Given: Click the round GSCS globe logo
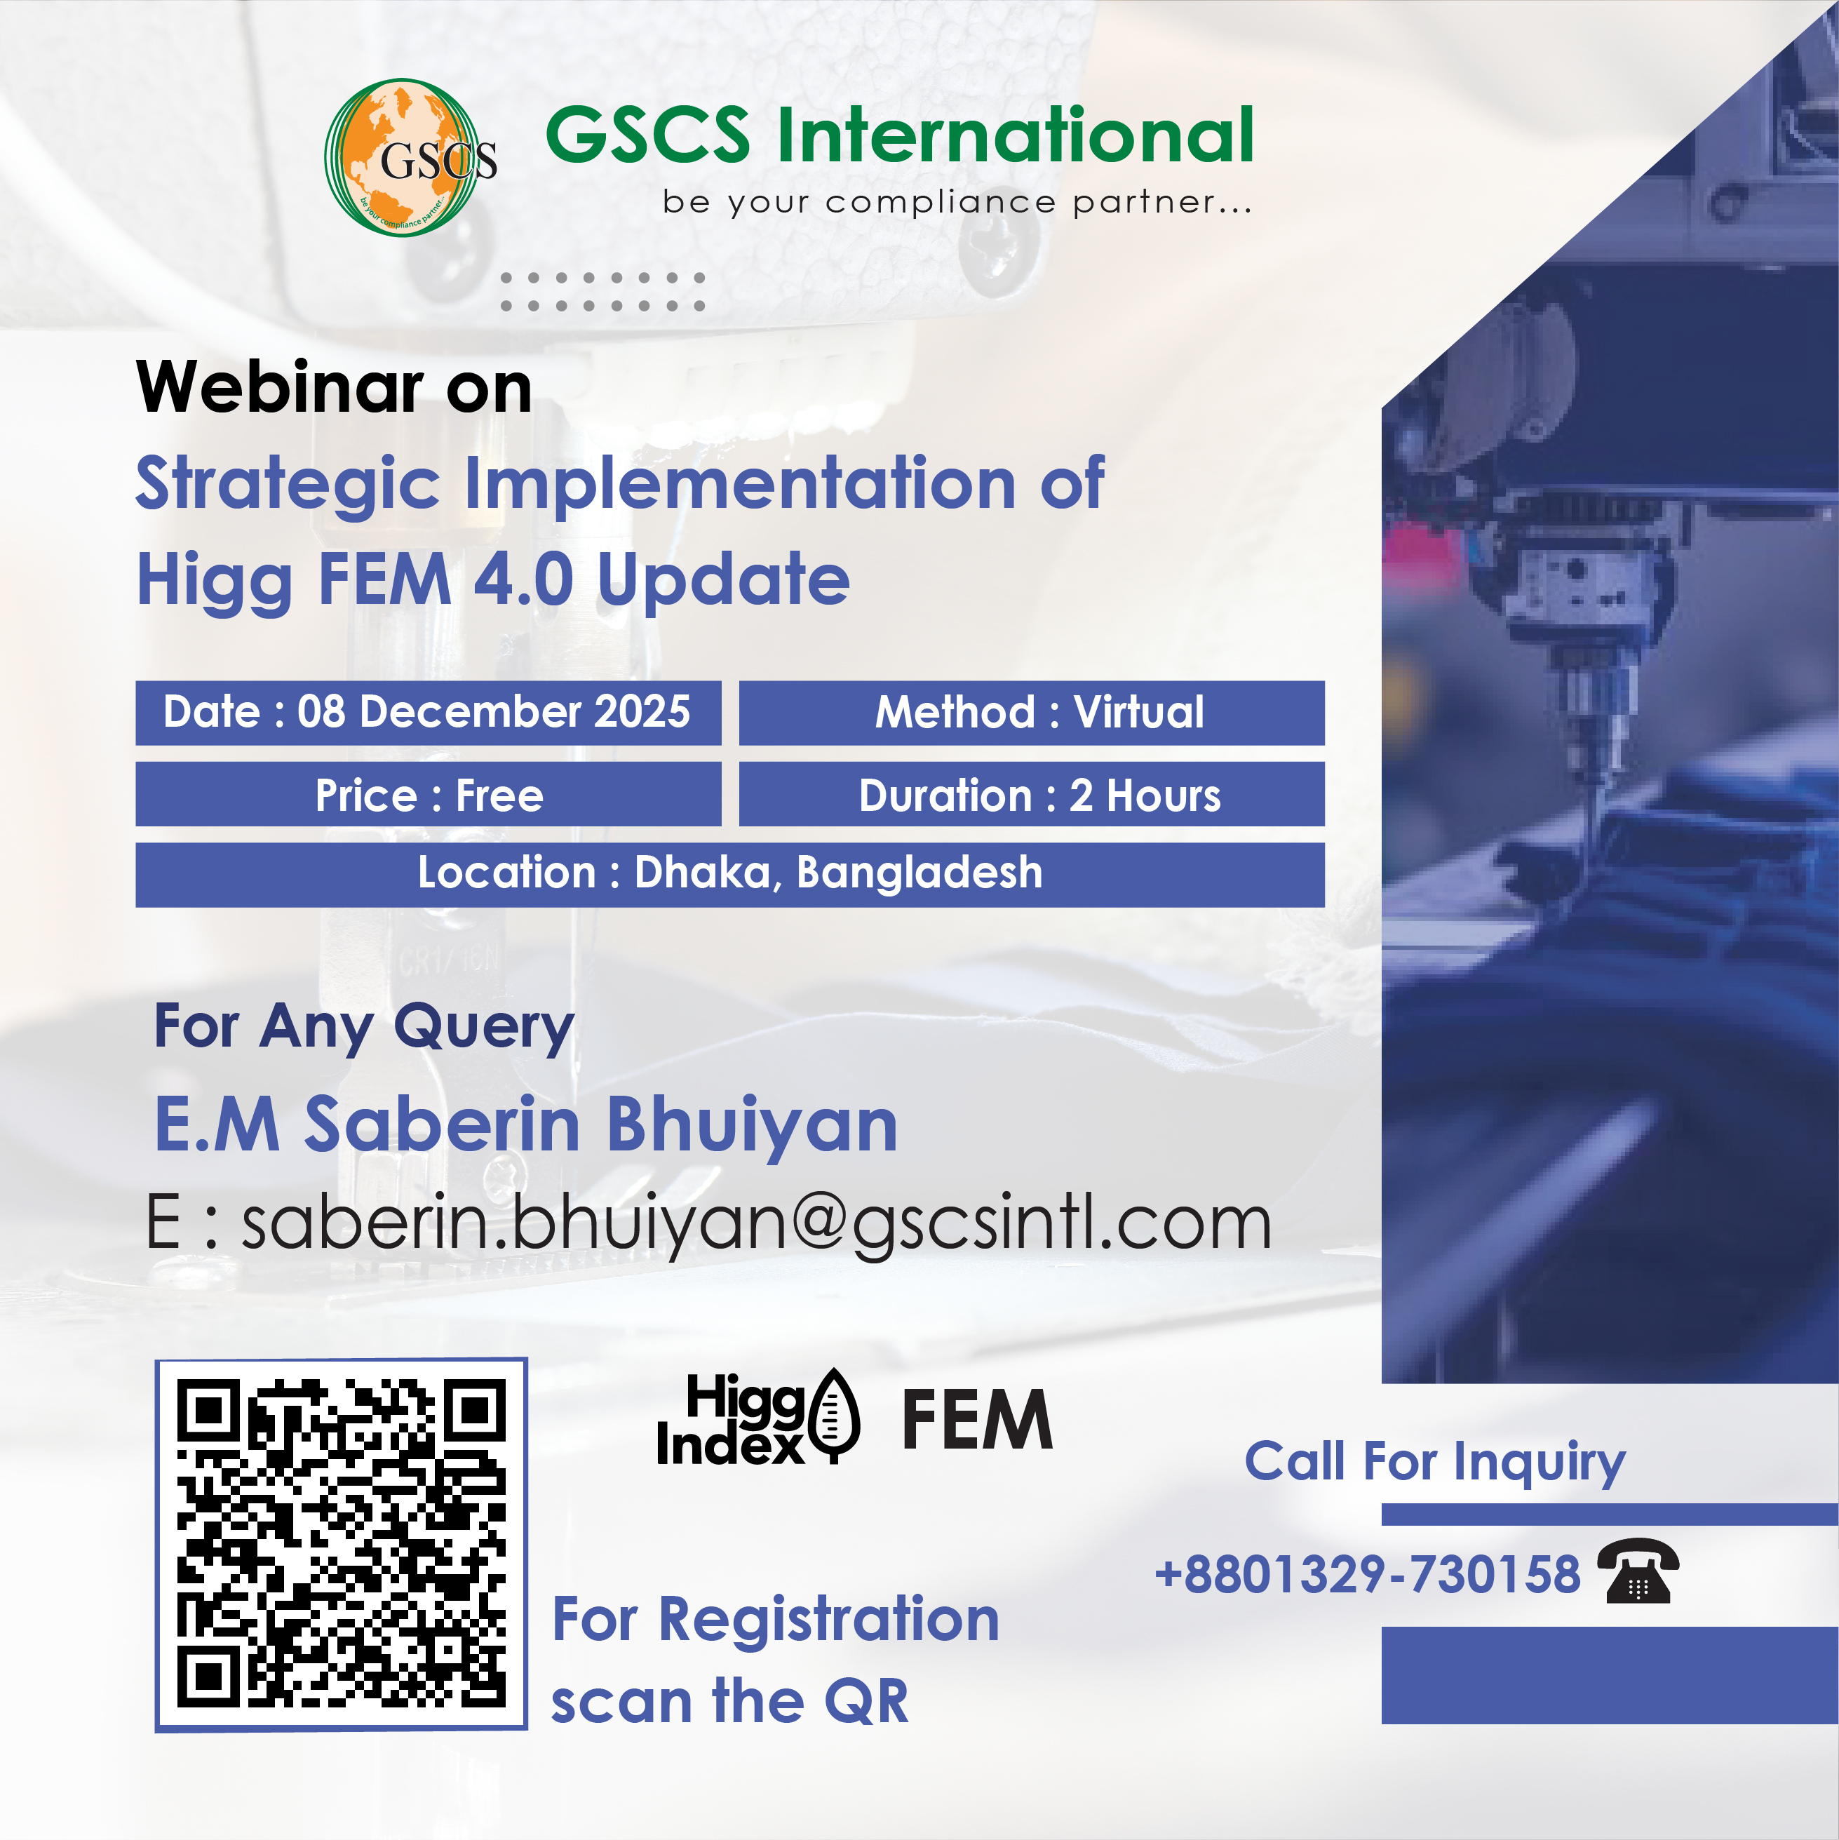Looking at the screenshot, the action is (410, 157).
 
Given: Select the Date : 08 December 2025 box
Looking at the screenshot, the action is (428, 713).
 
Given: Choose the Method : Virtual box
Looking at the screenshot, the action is (1032, 713).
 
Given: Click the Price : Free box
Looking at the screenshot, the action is (428, 793).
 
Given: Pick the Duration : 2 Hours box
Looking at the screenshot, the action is (1032, 793).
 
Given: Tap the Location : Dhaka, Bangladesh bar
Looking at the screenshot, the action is (729, 874).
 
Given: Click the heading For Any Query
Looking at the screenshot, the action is (364, 1027).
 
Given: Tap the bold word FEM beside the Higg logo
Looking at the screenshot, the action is (977, 1419).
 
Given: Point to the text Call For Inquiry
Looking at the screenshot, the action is (1435, 1462).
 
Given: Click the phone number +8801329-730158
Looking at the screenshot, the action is (1368, 1573).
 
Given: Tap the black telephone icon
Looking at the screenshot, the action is (1638, 1571).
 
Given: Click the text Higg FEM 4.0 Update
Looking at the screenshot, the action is (493, 581).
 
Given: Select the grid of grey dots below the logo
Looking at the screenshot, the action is (603, 291).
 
